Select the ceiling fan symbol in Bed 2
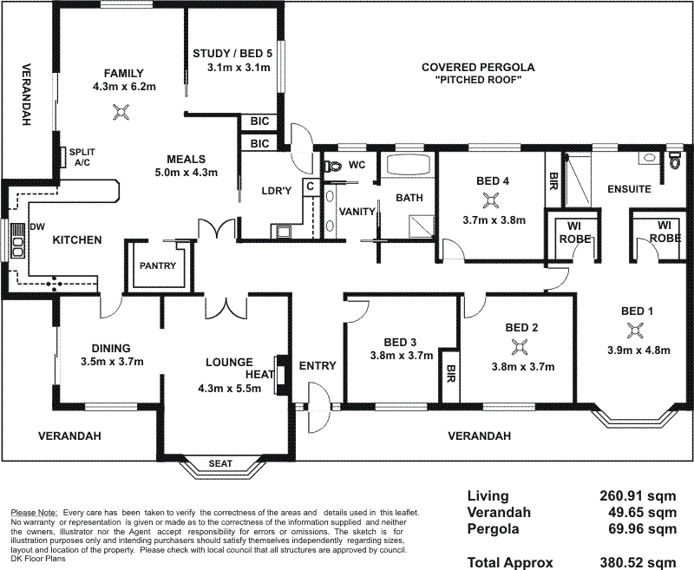520,347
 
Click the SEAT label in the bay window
220,464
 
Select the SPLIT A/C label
82,157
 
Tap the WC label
357,164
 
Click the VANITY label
357,211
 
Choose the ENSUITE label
629,188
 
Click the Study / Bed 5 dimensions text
232,68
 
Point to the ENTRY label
317,365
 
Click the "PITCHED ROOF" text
478,81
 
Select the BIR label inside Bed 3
449,376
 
